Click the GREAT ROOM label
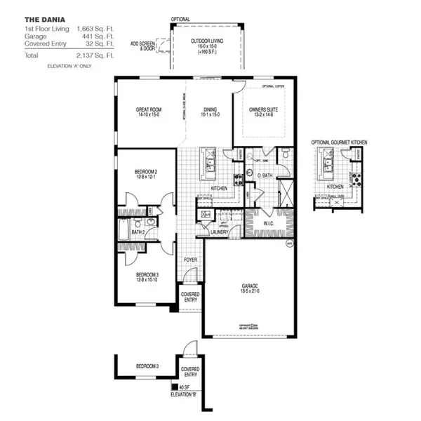149,110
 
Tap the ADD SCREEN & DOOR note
142,46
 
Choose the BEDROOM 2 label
147,173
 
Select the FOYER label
190,259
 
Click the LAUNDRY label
219,231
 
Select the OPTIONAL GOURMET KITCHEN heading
340,142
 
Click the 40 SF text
182,385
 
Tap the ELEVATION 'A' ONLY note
69,65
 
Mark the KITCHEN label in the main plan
218,188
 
